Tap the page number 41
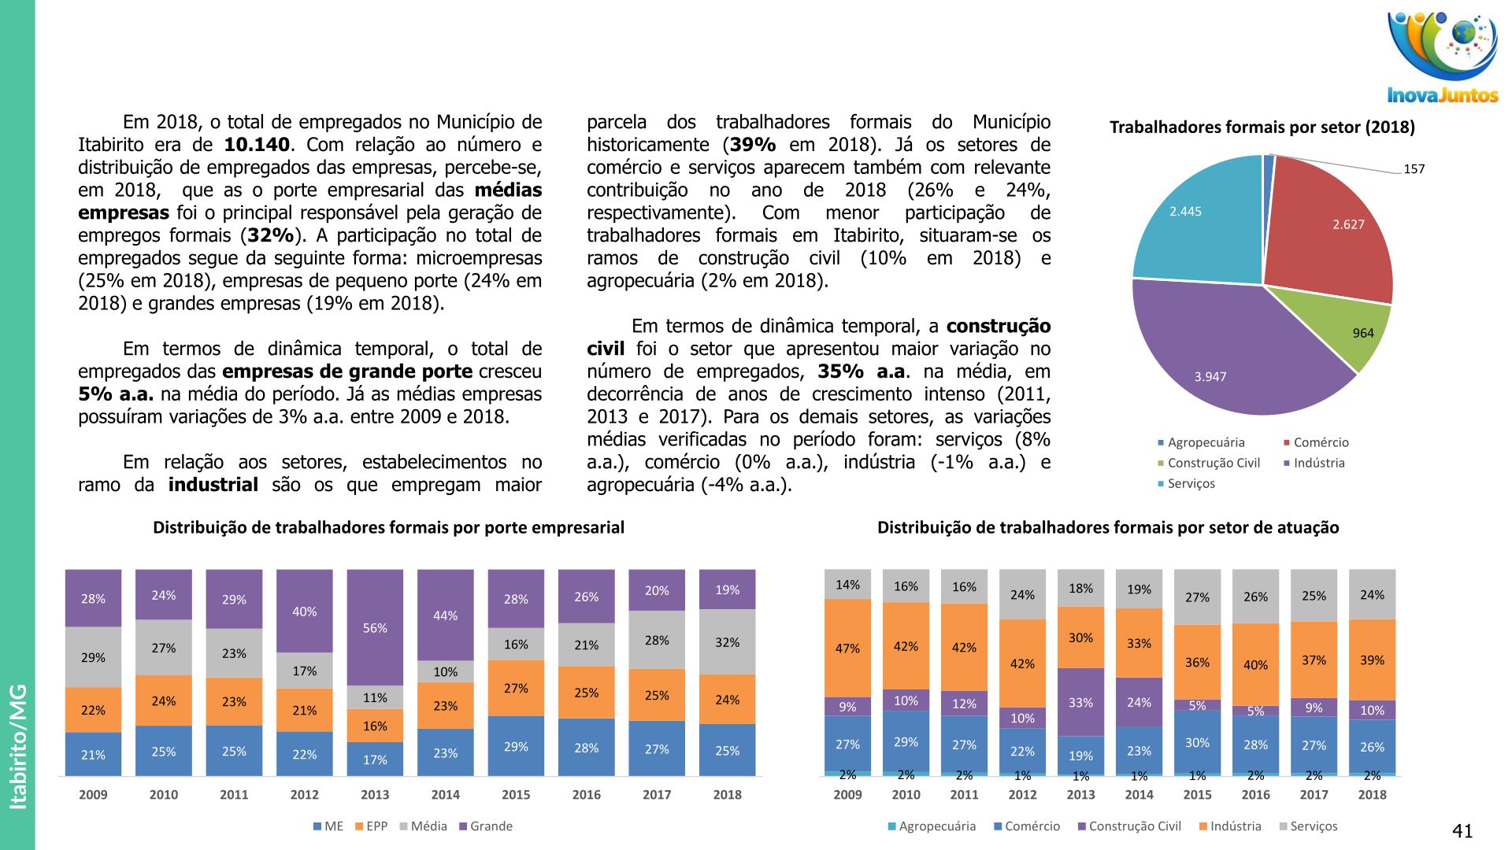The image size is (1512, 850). tap(1462, 831)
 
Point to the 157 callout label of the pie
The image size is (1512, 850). tap(1414, 169)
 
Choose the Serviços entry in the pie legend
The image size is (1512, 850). tap(1191, 484)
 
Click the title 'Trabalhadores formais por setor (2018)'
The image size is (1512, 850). tap(1262, 128)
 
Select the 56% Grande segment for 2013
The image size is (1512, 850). tap(375, 627)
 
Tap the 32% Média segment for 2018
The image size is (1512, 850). tap(727, 642)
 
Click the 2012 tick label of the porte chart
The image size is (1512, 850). tap(304, 795)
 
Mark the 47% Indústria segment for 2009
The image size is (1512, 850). tap(847, 648)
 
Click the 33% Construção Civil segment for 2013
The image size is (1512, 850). tap(1080, 701)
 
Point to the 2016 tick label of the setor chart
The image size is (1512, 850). tap(1255, 795)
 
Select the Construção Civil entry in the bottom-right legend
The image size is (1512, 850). tap(1134, 826)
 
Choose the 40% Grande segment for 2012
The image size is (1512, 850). tap(304, 611)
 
